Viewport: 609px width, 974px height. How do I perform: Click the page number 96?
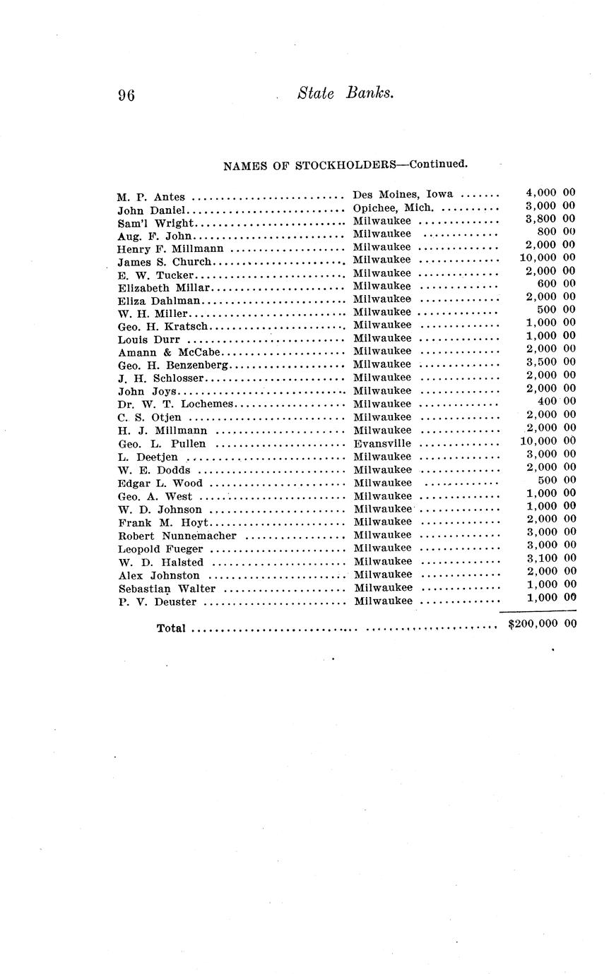click(126, 95)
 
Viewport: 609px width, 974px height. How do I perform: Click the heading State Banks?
click(345, 93)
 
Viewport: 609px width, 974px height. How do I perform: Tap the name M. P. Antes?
click(151, 197)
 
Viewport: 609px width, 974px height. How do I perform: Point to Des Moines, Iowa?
click(403, 194)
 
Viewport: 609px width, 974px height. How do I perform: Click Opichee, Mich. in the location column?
click(393, 208)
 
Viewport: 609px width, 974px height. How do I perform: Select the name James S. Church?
click(164, 262)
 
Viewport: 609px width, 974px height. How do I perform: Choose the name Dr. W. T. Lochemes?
click(175, 404)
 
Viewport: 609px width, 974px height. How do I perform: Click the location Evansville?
click(382, 443)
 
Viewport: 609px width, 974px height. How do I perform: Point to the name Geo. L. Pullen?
click(162, 444)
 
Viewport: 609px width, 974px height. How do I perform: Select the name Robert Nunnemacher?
click(177, 536)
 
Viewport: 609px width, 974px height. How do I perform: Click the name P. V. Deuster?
click(157, 602)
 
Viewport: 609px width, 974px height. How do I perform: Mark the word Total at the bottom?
click(171, 628)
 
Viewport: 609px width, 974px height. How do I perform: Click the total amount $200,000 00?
click(542, 624)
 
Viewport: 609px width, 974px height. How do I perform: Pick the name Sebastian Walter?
click(167, 589)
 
